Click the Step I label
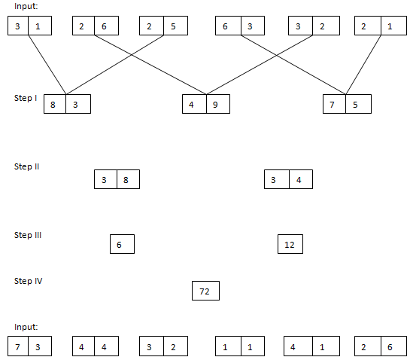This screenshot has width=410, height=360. pyautogui.click(x=26, y=98)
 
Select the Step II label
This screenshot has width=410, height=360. pyautogui.click(x=27, y=166)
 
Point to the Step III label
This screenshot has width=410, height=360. pyautogui.click(x=28, y=235)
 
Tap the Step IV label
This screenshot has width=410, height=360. pyautogui.click(x=28, y=281)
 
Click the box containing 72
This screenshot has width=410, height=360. pyautogui.click(x=205, y=291)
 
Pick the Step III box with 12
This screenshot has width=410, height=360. pyautogui.click(x=290, y=245)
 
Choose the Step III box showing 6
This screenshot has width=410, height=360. pyautogui.click(x=121, y=245)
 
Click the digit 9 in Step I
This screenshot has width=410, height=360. pyautogui.click(x=216, y=104)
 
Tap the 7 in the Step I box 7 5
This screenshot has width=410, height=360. pyautogui.click(x=332, y=104)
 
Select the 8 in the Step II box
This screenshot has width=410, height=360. pyautogui.click(x=126, y=180)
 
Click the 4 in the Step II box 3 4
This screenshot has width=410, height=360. pyautogui.click(x=299, y=180)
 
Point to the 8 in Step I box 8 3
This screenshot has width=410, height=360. pyautogui.click(x=53, y=104)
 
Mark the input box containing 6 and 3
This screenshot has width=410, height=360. pyautogui.click(x=238, y=26)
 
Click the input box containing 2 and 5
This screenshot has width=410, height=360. pyautogui.click(x=163, y=26)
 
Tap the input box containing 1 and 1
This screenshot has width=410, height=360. pyautogui.click(x=238, y=347)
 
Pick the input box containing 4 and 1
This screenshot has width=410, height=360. pyautogui.click(x=308, y=347)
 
